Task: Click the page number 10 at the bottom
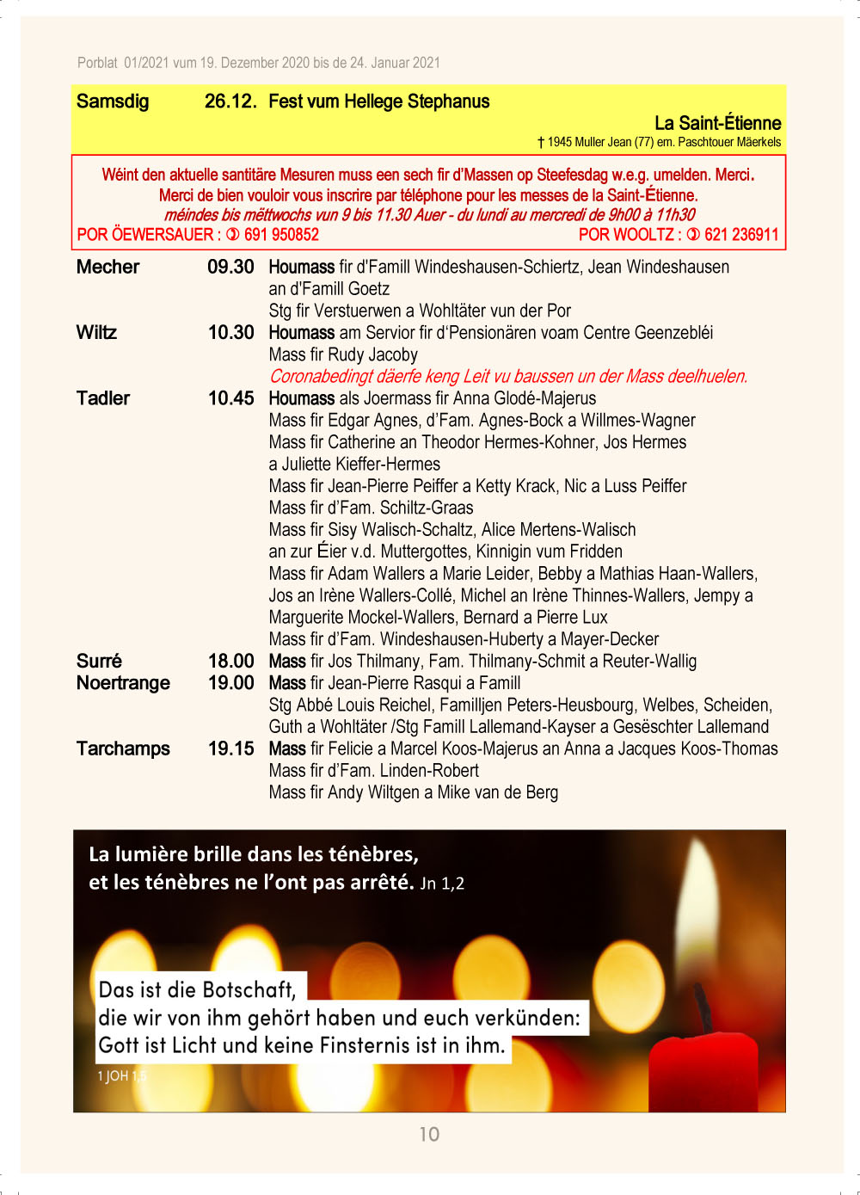pos(429,1134)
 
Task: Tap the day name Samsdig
pos(113,102)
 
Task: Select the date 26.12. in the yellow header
pos(230,102)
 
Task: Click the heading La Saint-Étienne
pos(717,123)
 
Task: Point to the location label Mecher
pos(107,267)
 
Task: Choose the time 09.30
pos(230,267)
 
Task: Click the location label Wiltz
pos(96,332)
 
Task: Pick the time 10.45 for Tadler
pos(230,398)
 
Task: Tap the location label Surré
pos(99,661)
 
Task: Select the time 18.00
pos(230,661)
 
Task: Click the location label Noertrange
pos(123,683)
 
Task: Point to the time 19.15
pos(230,748)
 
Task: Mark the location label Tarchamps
pos(123,748)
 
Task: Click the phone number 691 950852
pos(281,235)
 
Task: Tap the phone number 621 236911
pos(741,235)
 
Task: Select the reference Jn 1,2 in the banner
pos(442,884)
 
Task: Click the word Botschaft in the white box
pos(249,989)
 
